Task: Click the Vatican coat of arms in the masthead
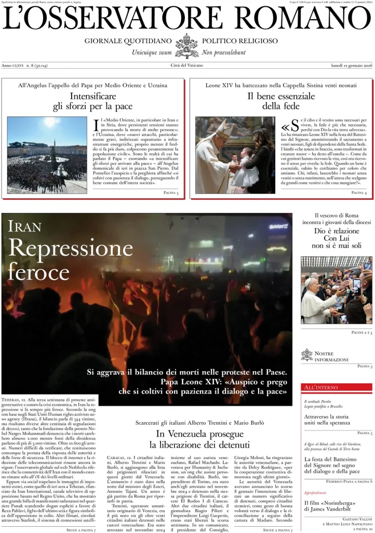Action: click(x=187, y=46)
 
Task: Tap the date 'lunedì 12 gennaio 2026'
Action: click(x=352, y=66)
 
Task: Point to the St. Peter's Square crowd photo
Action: click(x=47, y=155)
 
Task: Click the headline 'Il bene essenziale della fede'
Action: click(x=281, y=101)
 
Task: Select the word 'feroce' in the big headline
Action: click(x=39, y=272)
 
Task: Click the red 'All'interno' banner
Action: click(x=337, y=388)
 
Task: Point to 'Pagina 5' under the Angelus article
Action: click(x=170, y=193)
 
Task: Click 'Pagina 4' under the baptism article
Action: click(x=358, y=193)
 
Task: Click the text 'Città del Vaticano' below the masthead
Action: click(x=187, y=66)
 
